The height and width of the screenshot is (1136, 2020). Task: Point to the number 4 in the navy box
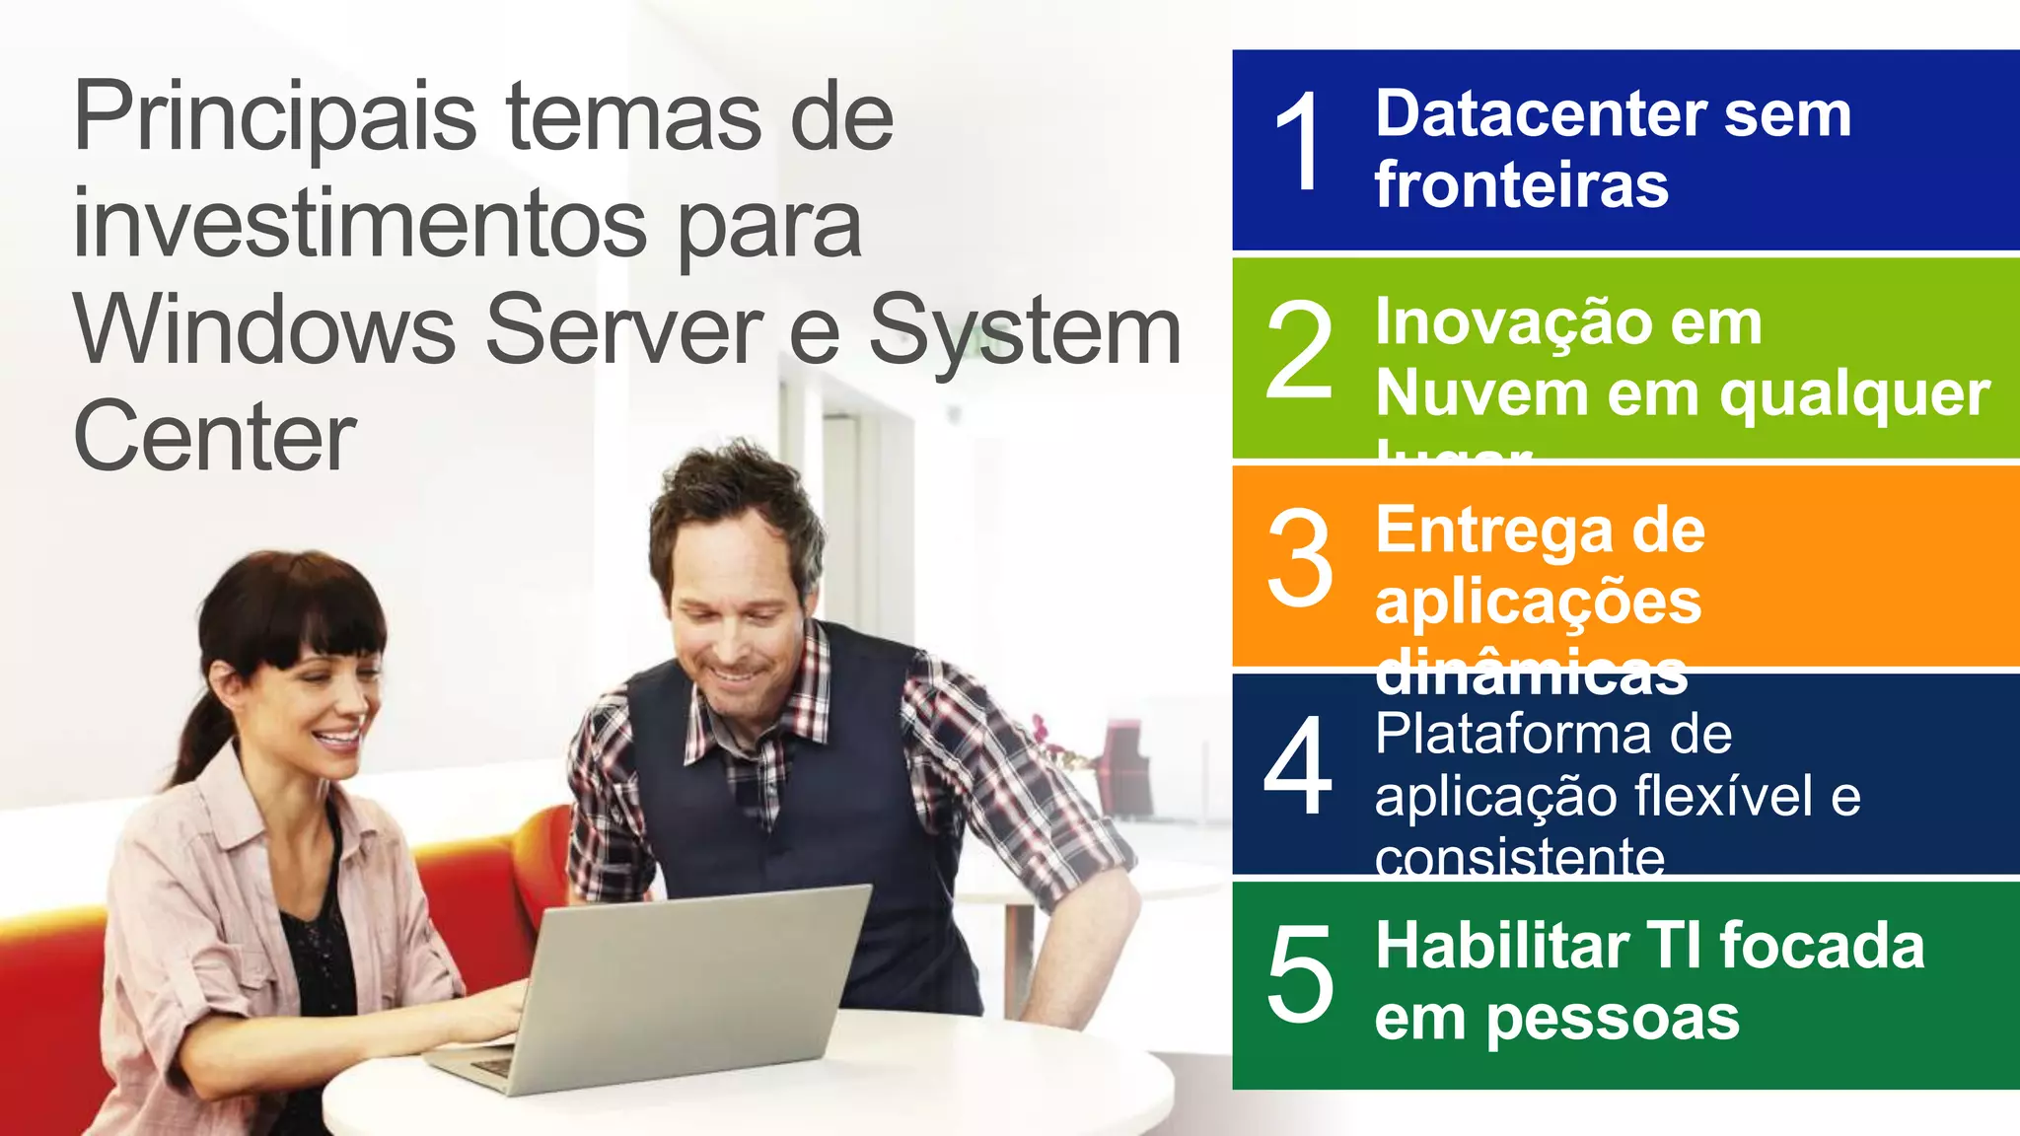click(1298, 766)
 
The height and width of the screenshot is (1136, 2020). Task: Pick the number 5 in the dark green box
click(1299, 974)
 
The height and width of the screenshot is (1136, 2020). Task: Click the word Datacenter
click(1540, 114)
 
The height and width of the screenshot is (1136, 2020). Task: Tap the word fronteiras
click(1521, 185)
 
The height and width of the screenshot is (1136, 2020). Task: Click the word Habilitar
click(1502, 946)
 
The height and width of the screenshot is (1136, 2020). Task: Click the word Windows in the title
click(264, 331)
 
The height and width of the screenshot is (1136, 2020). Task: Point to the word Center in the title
click(214, 437)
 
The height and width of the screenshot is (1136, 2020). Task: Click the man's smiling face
click(735, 611)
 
